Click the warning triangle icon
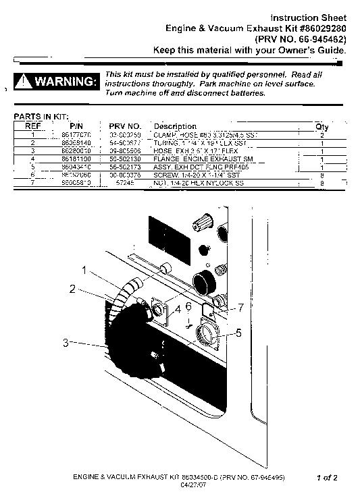point(24,82)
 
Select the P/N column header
point(75,126)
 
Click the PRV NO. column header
point(124,126)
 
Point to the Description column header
point(174,126)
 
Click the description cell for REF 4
point(194,159)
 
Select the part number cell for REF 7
point(75,182)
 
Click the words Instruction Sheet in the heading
point(309,17)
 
